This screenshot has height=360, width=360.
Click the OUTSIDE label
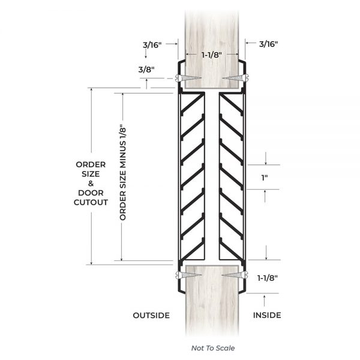point(151,315)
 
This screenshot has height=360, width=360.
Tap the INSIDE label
point(267,315)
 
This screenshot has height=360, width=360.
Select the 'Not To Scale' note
point(213,348)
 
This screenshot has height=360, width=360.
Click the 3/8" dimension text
point(146,70)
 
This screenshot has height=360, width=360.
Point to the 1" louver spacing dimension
point(265,178)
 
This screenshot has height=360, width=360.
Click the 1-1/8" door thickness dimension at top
point(212,55)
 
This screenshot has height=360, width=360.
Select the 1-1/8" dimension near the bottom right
point(268,278)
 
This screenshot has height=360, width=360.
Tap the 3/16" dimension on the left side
point(152,45)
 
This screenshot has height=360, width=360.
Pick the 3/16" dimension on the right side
point(269,44)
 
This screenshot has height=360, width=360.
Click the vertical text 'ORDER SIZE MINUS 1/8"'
point(123,174)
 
